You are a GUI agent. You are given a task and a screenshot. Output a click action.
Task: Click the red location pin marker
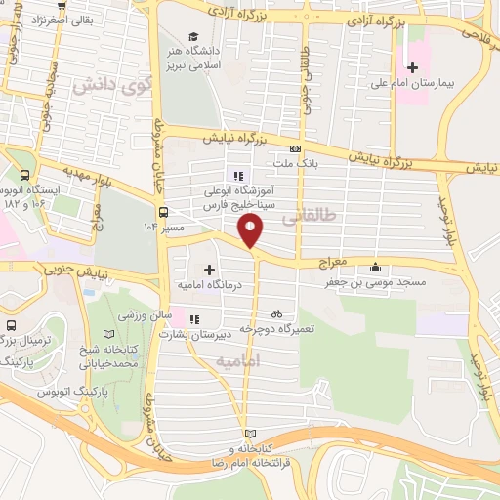coord(252,230)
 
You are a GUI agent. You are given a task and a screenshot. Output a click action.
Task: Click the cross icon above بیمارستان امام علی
coord(413,67)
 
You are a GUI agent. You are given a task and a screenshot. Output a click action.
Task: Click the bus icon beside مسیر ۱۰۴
coord(162,211)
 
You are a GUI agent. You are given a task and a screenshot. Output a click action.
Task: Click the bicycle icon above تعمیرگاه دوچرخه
coord(276,314)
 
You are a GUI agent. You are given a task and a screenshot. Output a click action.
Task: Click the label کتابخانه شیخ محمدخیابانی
coord(108,354)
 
